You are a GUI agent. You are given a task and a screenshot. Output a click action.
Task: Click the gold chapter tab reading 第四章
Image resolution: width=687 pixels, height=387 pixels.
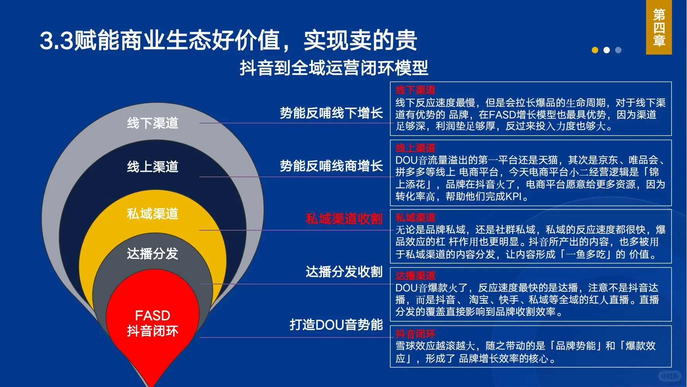659,27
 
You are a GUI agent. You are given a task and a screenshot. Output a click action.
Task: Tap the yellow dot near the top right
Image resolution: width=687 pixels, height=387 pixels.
595,50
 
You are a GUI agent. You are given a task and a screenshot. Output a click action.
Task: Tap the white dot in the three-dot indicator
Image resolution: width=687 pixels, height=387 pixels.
607,50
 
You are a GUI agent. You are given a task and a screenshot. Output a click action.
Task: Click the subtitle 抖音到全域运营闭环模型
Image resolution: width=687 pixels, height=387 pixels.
334,68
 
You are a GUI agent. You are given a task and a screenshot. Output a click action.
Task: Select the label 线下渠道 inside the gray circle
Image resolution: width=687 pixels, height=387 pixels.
153,123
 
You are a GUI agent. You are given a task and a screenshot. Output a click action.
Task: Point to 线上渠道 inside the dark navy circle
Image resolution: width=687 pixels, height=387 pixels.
153,166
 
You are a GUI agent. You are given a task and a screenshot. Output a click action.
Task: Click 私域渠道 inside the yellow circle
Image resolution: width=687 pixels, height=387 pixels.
153,214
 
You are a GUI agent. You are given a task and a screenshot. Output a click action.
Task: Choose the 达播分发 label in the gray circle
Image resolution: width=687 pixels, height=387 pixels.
153,253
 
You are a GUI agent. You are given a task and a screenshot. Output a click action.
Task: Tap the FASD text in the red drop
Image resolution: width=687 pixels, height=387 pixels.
153,315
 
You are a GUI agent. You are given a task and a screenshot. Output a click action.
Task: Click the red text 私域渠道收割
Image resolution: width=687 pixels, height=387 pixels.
344,219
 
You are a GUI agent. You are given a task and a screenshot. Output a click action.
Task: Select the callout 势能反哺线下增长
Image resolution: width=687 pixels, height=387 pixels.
331,113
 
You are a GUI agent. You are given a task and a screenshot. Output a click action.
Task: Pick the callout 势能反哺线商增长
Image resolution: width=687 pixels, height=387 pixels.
331,166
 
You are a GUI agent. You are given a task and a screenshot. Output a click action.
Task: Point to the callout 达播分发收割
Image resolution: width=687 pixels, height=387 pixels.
344,272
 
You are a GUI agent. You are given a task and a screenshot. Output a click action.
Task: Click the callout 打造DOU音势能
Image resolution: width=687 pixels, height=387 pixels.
336,324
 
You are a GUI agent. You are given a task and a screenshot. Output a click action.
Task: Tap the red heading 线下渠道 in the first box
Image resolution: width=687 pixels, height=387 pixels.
415,90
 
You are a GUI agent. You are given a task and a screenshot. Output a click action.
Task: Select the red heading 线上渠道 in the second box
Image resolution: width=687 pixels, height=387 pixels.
415,148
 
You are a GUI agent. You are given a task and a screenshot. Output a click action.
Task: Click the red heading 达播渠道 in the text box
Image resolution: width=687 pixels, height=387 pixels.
415,276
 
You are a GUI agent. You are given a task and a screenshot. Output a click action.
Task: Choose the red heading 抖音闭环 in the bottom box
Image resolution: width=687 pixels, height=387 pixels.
415,334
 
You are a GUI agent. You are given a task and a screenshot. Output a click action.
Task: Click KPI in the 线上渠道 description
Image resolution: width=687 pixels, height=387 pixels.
514,197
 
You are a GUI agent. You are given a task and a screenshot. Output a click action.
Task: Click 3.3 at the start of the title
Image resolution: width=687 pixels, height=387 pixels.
56,41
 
